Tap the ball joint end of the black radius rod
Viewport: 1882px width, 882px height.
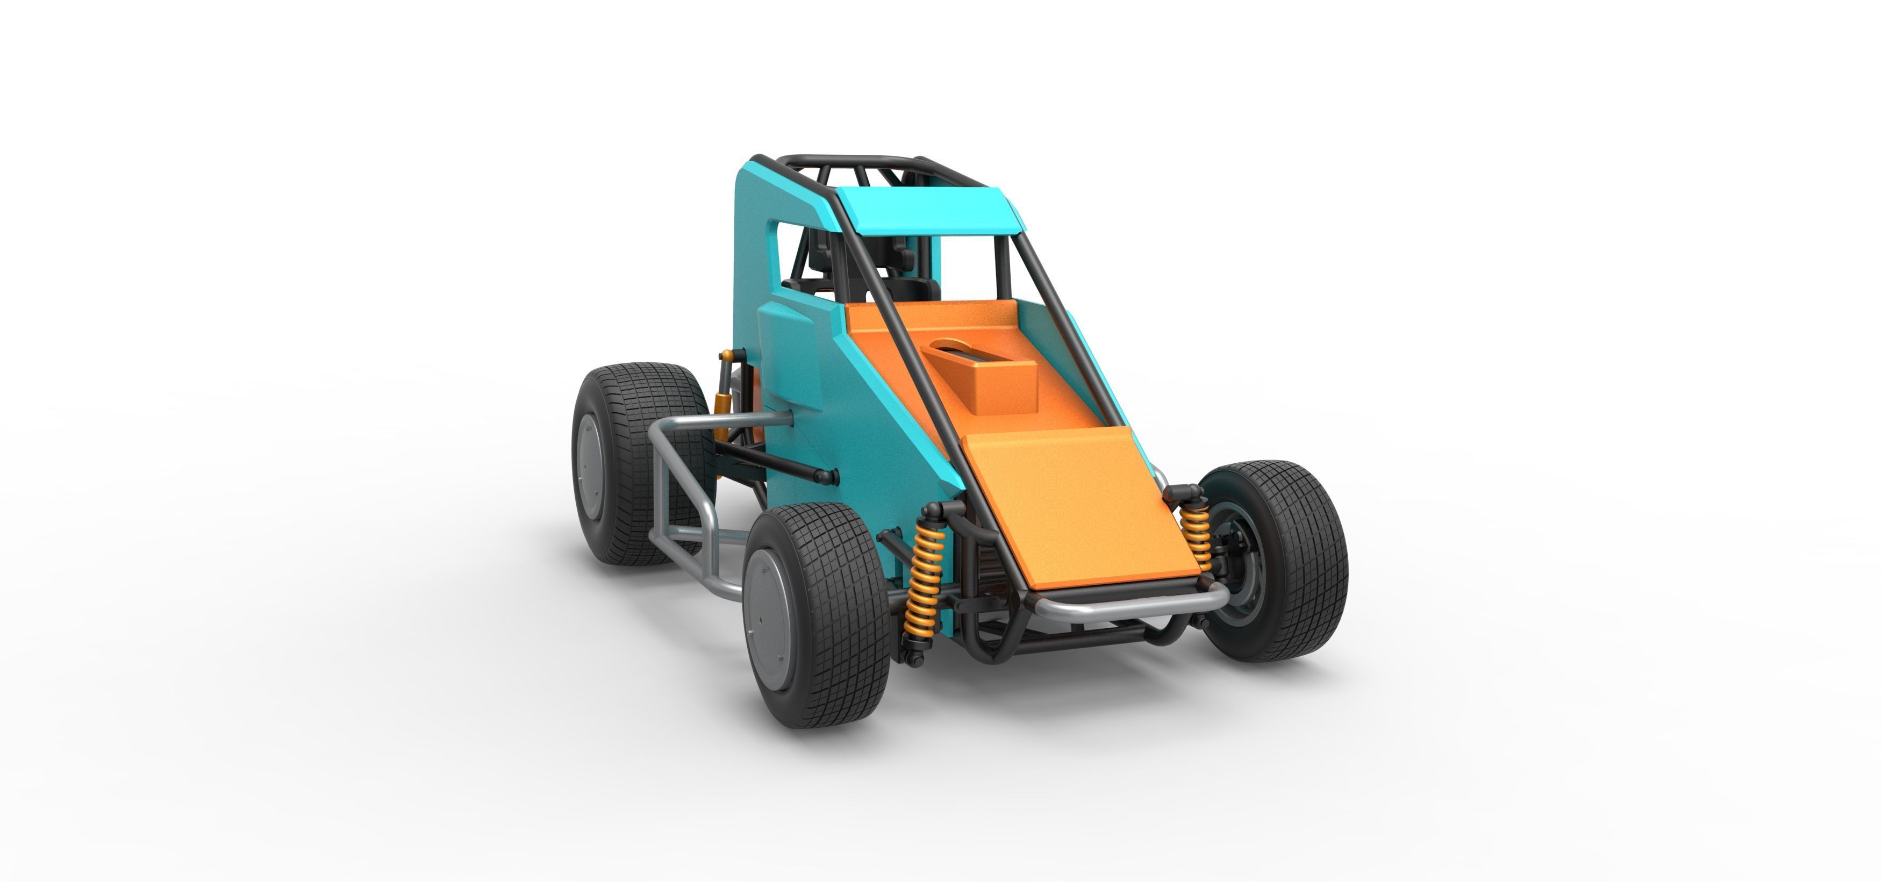coord(826,477)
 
